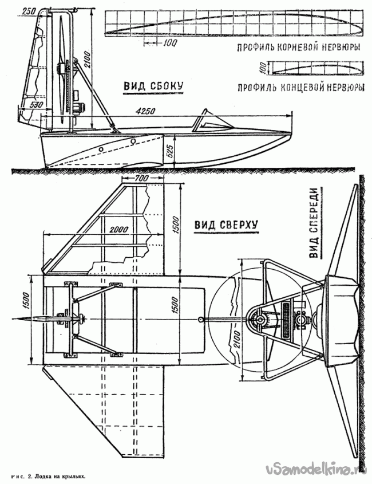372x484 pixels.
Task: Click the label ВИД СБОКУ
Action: point(153,85)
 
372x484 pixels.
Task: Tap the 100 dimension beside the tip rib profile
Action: point(262,68)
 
